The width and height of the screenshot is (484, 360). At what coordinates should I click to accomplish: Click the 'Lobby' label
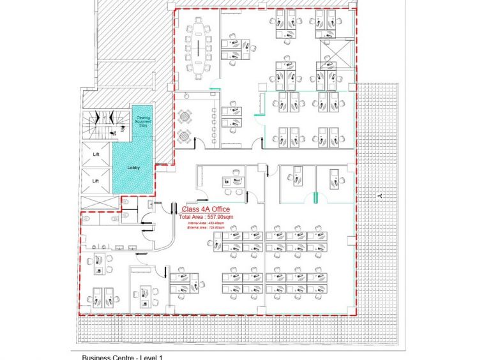(133, 167)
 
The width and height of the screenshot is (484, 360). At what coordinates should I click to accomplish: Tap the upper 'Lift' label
(96, 154)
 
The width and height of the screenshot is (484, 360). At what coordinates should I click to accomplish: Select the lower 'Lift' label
(96, 181)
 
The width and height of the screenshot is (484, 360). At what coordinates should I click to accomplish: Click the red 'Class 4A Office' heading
(206, 209)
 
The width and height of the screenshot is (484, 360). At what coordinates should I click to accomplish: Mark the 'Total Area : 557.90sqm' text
(206, 217)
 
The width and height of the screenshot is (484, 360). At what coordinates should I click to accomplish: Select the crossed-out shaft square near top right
(335, 54)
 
